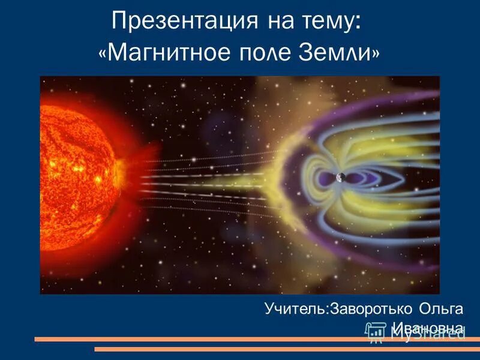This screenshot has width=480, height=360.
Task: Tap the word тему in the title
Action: tap(328, 22)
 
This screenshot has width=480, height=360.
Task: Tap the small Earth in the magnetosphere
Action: tap(340, 178)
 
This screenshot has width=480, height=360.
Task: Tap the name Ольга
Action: tap(442, 308)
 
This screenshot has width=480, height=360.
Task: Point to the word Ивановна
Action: tap(427, 328)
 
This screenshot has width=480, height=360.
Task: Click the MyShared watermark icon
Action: tap(375, 332)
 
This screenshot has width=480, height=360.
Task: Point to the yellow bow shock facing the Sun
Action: tap(282, 180)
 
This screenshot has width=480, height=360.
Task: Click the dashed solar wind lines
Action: tap(204, 180)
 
